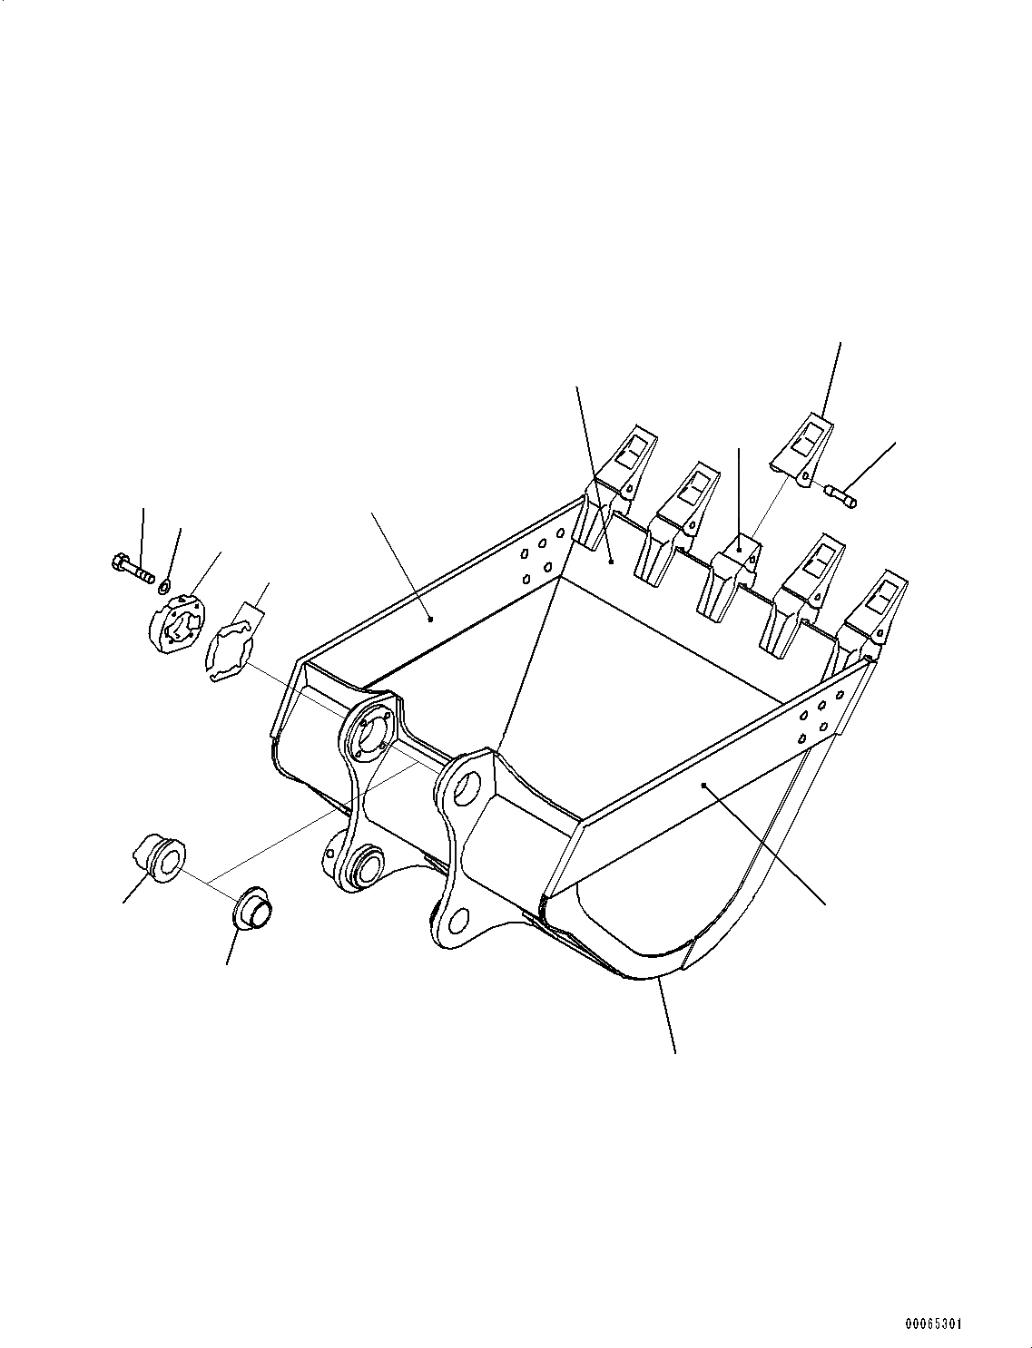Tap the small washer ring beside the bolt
pos(164,579)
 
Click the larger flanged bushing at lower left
pos(162,858)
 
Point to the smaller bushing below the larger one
pos(251,909)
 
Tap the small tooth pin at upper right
pos(841,494)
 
